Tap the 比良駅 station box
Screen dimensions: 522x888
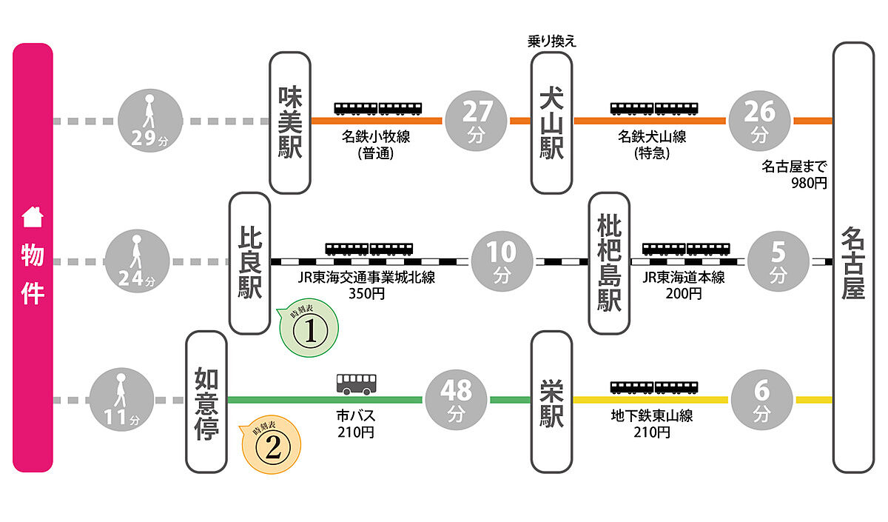click(249, 262)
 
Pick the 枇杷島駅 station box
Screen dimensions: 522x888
click(609, 262)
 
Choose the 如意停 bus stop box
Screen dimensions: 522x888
click(206, 401)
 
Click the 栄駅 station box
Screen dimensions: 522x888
click(551, 401)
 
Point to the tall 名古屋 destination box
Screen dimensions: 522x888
click(852, 258)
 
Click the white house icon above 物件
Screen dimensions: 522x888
click(33, 218)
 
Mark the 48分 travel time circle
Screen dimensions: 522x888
click(456, 401)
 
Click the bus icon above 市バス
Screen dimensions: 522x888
click(356, 384)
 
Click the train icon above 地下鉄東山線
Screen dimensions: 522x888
click(654, 387)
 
